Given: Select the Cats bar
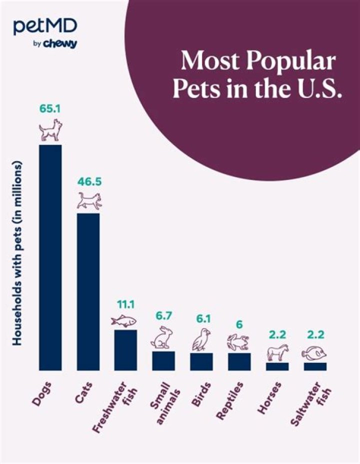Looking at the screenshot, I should (88, 291).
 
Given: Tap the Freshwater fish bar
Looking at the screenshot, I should (126, 349).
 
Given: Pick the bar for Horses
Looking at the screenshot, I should (277, 366).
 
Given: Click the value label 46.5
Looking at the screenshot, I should (89, 181).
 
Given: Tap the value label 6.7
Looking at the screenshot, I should (163, 315).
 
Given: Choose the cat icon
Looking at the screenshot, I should (89, 201).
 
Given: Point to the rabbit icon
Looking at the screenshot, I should (161, 337).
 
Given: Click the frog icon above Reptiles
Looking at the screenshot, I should (239, 342).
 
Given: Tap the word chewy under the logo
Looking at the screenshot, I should (59, 44).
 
